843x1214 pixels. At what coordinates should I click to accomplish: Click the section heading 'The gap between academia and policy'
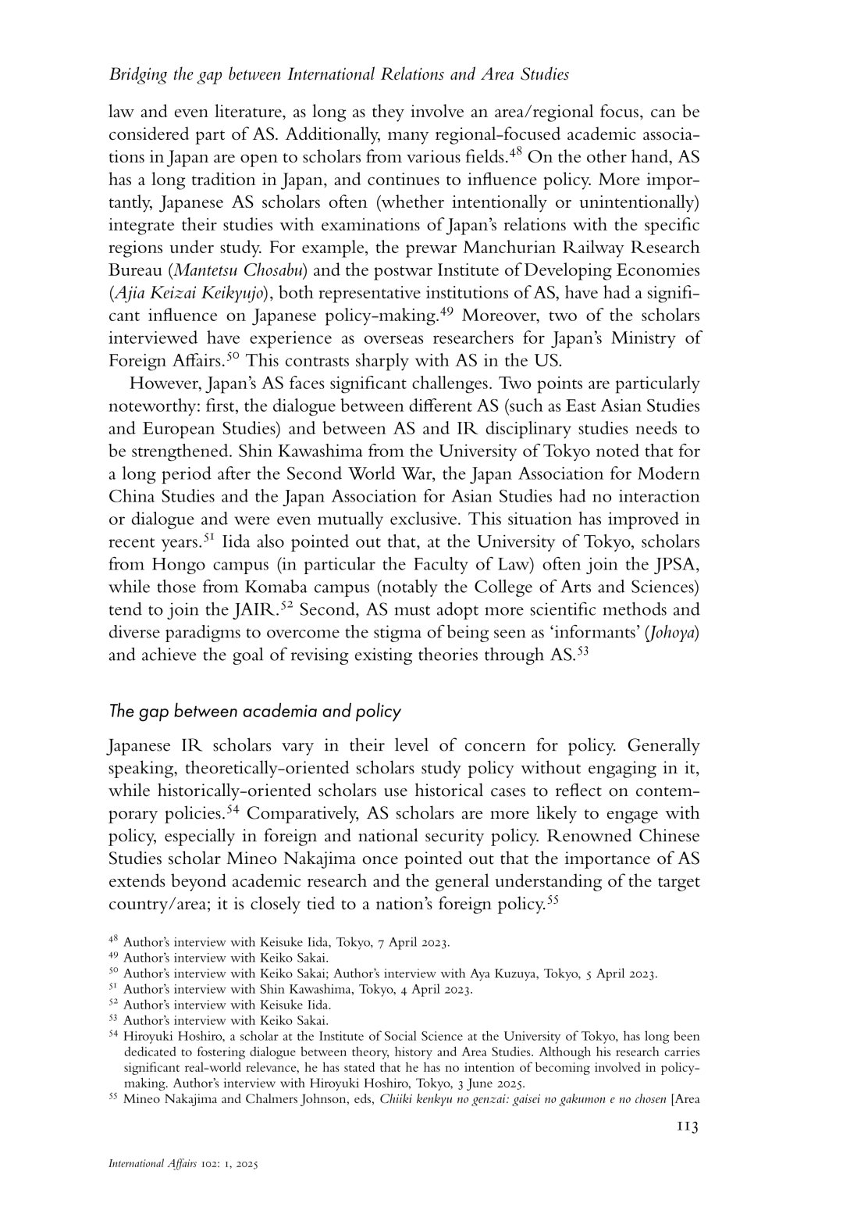click(x=254, y=711)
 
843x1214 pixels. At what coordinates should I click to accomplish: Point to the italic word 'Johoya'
click(x=673, y=632)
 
